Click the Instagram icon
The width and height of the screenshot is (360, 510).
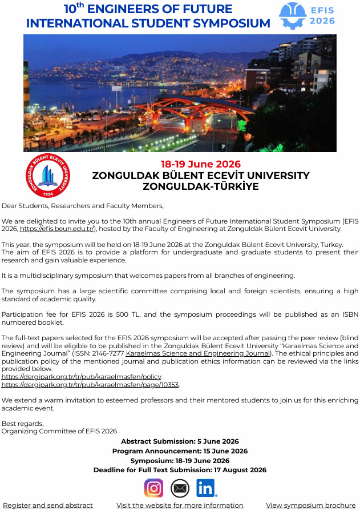tap(153, 488)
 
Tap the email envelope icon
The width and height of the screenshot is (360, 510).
tap(180, 488)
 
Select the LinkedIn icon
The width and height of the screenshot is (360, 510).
tap(206, 488)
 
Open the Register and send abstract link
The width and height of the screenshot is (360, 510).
tap(48, 505)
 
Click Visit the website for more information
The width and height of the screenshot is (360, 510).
tap(180, 505)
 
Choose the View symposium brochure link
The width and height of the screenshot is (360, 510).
tap(310, 505)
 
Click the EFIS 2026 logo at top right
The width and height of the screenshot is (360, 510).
tap(307, 15)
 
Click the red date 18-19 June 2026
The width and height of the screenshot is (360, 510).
tap(200, 165)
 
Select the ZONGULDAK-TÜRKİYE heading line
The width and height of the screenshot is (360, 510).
tap(200, 186)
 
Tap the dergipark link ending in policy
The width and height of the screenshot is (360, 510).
tap(82, 377)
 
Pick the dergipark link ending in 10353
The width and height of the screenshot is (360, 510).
tap(90, 384)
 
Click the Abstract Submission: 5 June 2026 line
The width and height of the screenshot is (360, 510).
tap(180, 441)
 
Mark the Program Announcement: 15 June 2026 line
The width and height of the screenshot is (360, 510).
tap(180, 451)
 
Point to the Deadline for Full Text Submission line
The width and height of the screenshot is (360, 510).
tap(180, 470)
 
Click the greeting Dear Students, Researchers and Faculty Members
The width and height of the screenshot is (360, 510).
tap(83, 206)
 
